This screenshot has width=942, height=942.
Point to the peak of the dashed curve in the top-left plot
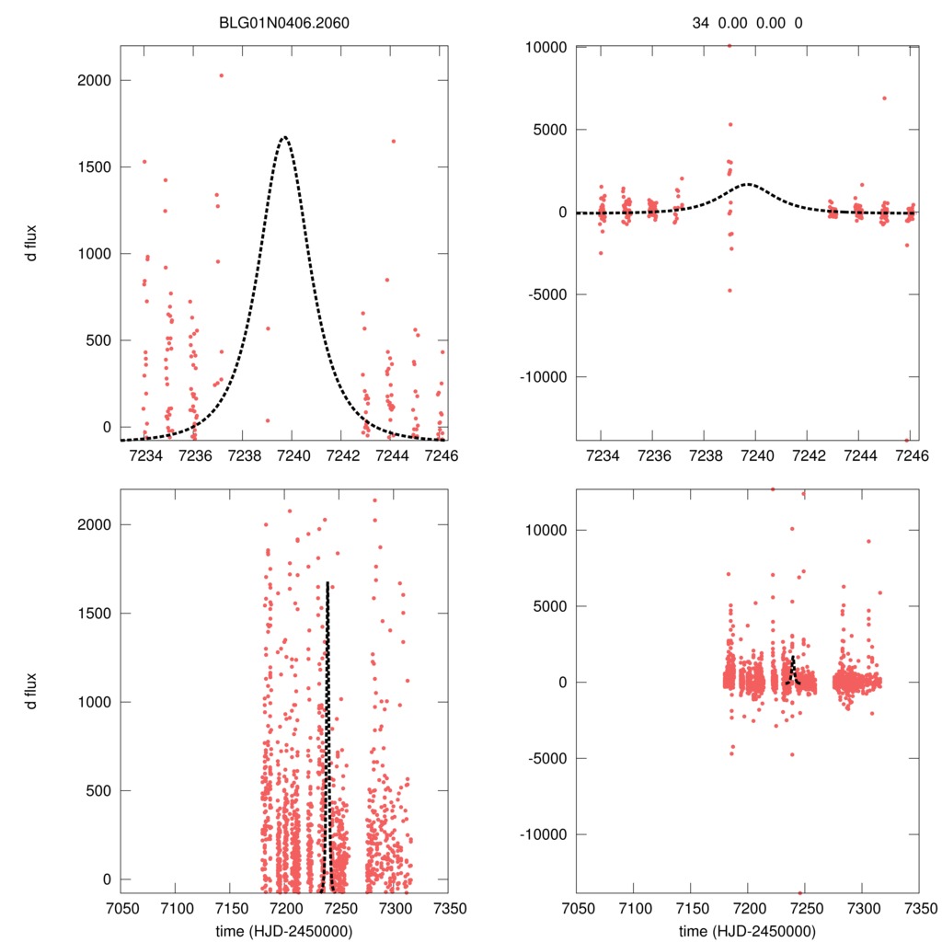284,137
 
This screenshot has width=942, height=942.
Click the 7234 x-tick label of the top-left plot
144,454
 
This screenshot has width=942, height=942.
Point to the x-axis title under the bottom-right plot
747,931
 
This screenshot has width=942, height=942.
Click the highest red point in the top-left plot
221,75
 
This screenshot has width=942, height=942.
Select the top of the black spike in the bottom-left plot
327,582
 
